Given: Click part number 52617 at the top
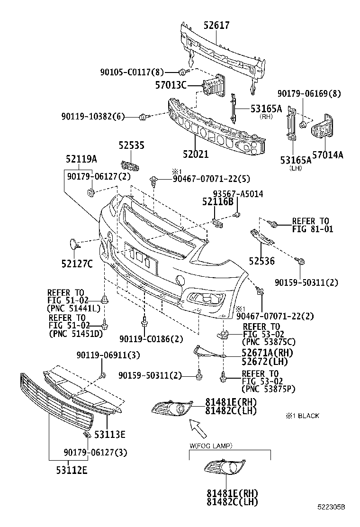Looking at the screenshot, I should [216, 25].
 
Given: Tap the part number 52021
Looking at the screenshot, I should [196, 154].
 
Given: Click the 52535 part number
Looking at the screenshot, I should [131, 145].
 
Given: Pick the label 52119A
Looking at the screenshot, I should [81, 159].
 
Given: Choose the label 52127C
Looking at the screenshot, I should [76, 263].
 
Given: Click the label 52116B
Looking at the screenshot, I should [218, 202].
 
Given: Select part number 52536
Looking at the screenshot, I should [262, 261].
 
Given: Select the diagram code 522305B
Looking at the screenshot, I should [331, 520].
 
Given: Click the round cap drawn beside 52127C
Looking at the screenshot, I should [73, 244].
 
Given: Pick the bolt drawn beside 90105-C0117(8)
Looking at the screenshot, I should [183, 72].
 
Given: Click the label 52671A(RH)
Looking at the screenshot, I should [267, 353].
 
